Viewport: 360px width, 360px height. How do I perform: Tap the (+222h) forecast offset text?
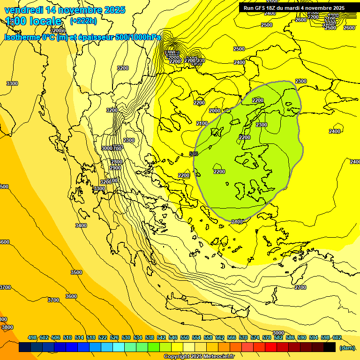(x=83, y=21)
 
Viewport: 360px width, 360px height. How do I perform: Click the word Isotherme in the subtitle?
(x=22, y=37)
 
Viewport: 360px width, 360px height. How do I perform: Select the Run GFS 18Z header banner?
(x=294, y=7)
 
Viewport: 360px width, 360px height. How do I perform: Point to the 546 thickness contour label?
(x=193, y=154)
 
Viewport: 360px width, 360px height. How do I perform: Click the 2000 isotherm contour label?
(x=215, y=111)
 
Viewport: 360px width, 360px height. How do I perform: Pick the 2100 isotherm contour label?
(x=202, y=123)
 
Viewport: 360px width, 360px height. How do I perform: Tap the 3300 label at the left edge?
(x=12, y=83)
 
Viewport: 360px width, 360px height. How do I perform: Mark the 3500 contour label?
(x=76, y=272)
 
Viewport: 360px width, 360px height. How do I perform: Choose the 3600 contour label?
(x=71, y=296)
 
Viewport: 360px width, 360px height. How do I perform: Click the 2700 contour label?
(x=300, y=287)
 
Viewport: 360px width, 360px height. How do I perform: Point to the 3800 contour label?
(x=7, y=327)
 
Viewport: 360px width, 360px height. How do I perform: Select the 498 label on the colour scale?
(x=32, y=337)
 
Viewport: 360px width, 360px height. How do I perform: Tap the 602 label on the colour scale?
(x=337, y=337)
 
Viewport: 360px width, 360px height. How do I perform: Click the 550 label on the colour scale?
(x=185, y=337)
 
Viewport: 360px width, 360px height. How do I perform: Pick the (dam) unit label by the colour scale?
(x=346, y=348)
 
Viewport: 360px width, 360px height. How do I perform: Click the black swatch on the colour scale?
(x=330, y=347)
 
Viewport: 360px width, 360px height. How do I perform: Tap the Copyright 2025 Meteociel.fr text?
(x=199, y=357)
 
